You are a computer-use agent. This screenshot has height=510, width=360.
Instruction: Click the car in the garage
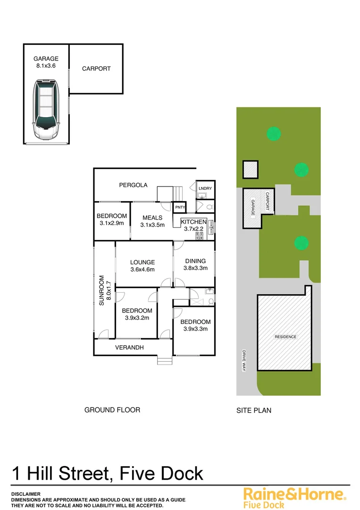tap(46, 110)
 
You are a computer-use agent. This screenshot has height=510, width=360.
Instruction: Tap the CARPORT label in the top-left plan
tap(96, 68)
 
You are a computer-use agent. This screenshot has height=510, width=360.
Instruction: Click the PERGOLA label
tap(133, 185)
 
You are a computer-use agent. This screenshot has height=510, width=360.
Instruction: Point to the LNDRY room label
tap(205, 188)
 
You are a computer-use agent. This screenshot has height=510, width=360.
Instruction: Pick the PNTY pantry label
tap(180, 207)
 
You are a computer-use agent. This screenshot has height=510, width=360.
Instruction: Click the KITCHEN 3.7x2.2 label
tap(193, 225)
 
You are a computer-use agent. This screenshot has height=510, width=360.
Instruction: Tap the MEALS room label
tap(152, 221)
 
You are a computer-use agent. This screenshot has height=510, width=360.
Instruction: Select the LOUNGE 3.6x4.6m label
tap(142, 266)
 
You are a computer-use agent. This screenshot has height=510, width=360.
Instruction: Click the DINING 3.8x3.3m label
tap(195, 264)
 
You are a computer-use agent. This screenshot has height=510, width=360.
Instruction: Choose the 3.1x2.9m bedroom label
tap(112, 220)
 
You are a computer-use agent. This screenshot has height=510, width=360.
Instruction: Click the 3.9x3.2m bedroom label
tap(137, 314)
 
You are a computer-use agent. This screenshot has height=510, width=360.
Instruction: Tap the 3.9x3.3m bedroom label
tap(195, 325)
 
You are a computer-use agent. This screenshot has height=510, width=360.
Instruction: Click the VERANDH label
tap(129, 348)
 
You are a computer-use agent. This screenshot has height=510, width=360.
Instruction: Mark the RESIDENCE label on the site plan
tap(285, 337)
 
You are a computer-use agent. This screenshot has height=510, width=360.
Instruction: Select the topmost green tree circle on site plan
tap(273, 134)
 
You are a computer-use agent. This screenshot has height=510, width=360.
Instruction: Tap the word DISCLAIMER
tap(26, 493)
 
